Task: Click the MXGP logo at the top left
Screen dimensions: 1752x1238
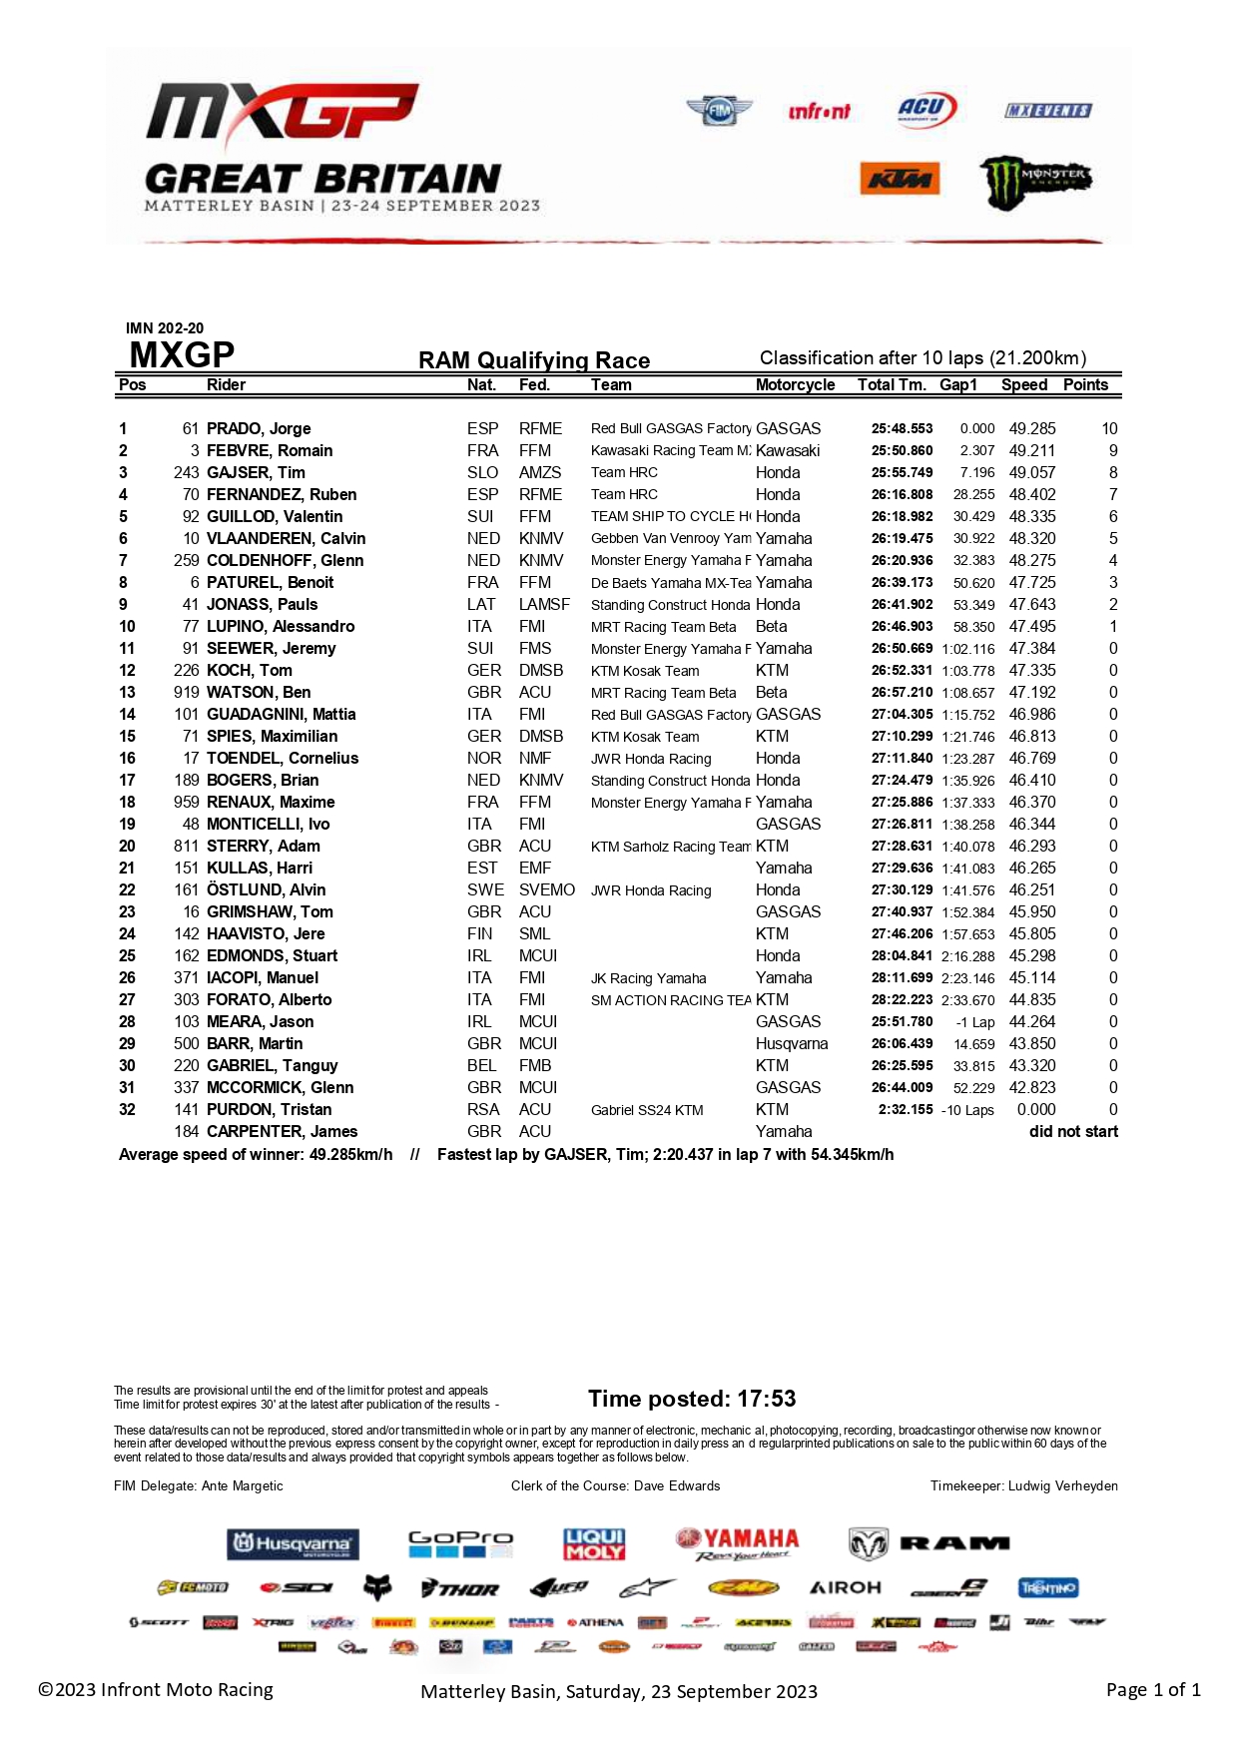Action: coord(283,112)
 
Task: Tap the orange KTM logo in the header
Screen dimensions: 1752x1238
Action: coord(899,180)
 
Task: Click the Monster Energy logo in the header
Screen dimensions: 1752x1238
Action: coord(1034,182)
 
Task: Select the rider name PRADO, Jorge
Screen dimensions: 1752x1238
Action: coord(259,429)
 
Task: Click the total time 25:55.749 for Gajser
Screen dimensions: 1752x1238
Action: coord(902,473)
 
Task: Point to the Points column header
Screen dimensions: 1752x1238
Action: coord(1085,385)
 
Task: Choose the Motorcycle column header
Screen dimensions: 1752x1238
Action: coord(795,385)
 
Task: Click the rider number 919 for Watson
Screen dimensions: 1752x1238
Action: coord(187,693)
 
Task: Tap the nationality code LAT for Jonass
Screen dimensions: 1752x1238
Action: coord(481,605)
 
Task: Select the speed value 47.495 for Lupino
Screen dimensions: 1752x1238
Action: coord(1031,627)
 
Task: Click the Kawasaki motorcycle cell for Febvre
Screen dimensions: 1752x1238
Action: coord(788,451)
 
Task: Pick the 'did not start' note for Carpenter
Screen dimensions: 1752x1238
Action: coord(1073,1132)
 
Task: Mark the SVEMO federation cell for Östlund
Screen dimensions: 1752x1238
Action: coord(546,890)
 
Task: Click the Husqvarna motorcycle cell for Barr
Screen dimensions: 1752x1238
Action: coord(792,1044)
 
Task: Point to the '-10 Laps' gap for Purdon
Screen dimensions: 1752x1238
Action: coord(967,1110)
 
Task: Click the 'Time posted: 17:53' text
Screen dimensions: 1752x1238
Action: coord(692,1399)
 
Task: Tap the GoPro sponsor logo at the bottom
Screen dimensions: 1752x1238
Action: coord(460,1544)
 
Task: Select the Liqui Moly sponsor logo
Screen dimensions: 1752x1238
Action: coord(594,1544)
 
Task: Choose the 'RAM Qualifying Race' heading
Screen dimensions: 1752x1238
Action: coord(534,360)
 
